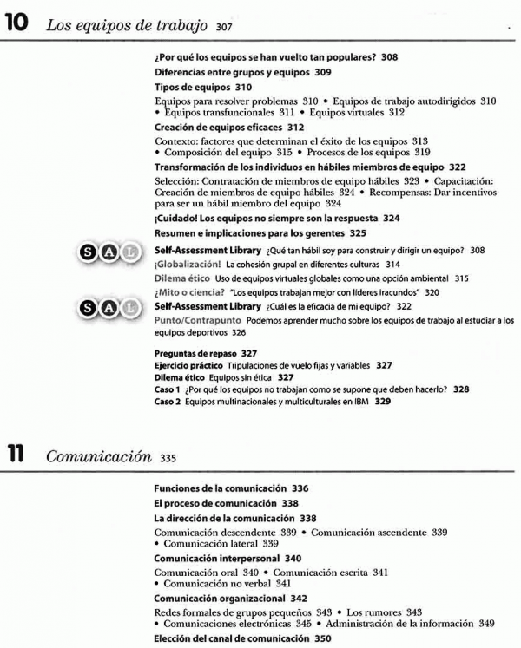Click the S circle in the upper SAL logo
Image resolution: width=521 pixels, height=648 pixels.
tap(89, 252)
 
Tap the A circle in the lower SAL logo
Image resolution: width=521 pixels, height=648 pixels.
tap(109, 307)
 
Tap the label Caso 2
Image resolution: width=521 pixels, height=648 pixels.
tap(168, 402)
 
